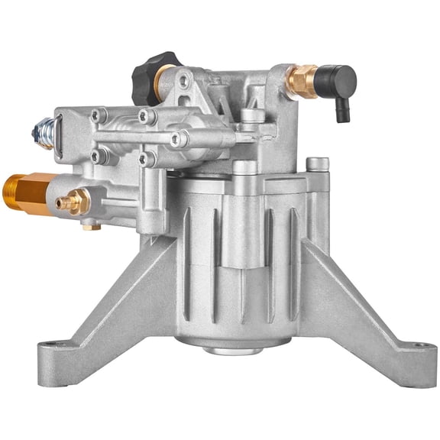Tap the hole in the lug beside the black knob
[x=183, y=79]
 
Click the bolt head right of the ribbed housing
[x=318, y=164]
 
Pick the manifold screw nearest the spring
[x=99, y=117]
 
